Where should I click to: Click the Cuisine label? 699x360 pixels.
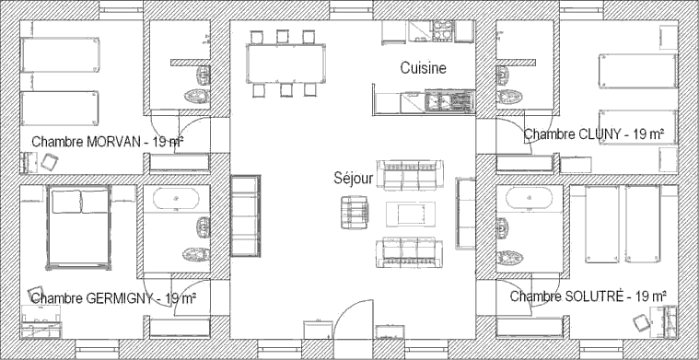point(423,68)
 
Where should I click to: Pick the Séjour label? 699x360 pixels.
point(353,180)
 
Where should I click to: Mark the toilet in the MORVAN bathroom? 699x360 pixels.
point(194,94)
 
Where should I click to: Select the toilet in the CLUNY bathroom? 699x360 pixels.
point(505,96)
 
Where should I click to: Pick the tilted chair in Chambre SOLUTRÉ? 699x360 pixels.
point(637,322)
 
